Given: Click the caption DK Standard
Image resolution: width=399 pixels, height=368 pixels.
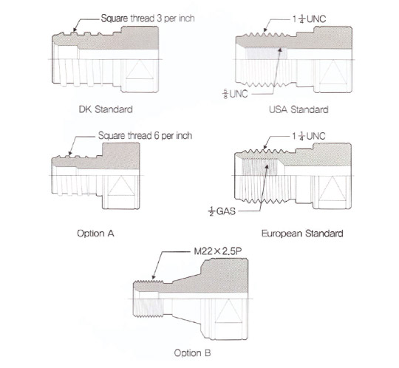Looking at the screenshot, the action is click(x=106, y=109).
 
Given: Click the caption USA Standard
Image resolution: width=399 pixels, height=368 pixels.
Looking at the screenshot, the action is click(x=299, y=109).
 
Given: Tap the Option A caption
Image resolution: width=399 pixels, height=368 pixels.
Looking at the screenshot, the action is click(x=95, y=233).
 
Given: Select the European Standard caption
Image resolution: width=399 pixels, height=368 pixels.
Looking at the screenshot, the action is click(x=302, y=234).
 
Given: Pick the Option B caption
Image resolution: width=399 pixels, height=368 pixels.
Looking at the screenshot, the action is click(x=192, y=353).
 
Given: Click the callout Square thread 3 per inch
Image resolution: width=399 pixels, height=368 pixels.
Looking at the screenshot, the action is click(x=148, y=18).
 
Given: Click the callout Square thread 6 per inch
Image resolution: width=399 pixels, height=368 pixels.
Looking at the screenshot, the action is click(x=145, y=136).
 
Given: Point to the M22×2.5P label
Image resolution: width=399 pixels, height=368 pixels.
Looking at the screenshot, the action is click(x=217, y=251).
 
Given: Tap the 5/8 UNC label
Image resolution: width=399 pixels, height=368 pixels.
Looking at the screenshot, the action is click(x=235, y=94).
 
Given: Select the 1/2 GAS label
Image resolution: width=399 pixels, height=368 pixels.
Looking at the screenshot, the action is click(x=222, y=211).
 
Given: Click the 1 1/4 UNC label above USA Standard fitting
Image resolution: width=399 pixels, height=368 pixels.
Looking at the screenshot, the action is click(x=309, y=18).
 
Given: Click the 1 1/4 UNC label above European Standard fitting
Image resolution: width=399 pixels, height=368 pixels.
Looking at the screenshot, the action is click(x=309, y=136).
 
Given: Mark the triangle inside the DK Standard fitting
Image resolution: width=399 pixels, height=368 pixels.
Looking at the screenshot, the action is click(x=140, y=69).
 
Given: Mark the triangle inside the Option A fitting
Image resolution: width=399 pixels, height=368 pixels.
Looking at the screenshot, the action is click(x=121, y=185).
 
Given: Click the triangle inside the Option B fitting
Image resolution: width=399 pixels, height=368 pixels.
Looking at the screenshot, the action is click(x=228, y=311).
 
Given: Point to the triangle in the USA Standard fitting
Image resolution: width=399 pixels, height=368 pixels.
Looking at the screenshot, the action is click(x=333, y=72).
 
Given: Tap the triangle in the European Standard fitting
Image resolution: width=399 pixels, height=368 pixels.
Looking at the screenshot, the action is click(x=332, y=188).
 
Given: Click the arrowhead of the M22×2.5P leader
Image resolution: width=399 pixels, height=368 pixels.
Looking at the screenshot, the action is click(x=153, y=278).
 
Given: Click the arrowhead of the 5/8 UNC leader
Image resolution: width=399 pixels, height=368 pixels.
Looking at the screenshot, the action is click(x=280, y=50).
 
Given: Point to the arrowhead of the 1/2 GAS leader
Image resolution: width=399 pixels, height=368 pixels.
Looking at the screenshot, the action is click(x=267, y=167).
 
